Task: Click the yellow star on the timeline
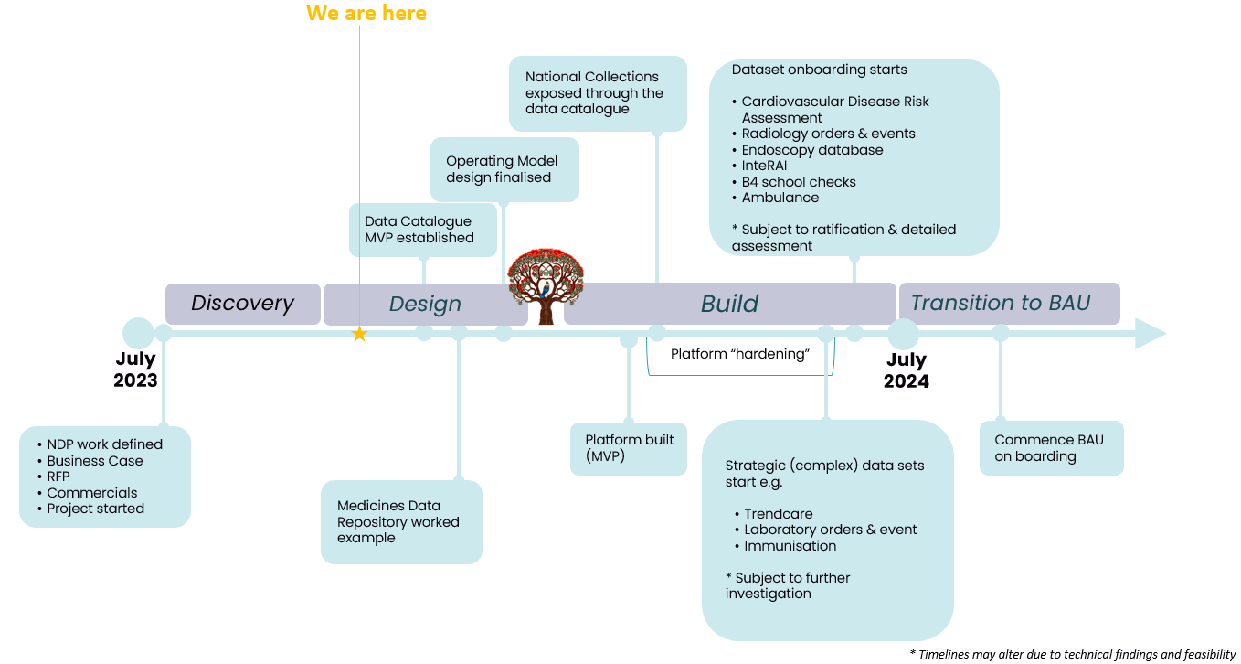click(359, 335)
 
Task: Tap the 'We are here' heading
click(366, 13)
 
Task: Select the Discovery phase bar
click(242, 304)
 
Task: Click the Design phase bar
click(424, 305)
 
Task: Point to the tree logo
click(546, 286)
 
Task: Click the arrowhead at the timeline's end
click(1151, 333)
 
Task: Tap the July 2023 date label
click(135, 369)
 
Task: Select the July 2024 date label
click(906, 370)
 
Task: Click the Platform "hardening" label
click(740, 354)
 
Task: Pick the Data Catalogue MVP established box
click(422, 230)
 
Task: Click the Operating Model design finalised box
click(504, 169)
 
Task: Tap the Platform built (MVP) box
click(629, 448)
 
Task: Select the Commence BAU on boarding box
click(1050, 448)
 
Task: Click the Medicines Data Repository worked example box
click(400, 522)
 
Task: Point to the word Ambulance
click(780, 198)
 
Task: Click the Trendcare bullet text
click(778, 514)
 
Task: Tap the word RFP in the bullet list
click(58, 477)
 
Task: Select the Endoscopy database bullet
click(811, 150)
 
